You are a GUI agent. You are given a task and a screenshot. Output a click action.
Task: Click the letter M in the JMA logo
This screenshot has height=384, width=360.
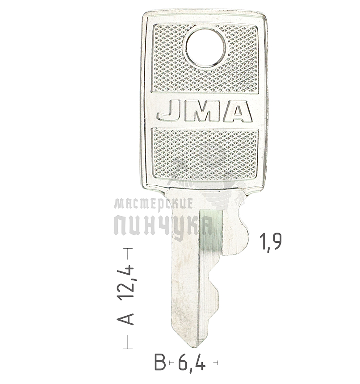point(202,111)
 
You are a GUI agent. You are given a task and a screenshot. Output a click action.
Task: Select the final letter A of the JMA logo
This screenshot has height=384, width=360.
point(237,111)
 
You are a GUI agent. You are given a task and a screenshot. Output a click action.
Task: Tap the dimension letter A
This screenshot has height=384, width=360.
point(126,319)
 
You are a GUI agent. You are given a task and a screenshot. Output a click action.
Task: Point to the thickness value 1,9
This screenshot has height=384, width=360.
point(271,242)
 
